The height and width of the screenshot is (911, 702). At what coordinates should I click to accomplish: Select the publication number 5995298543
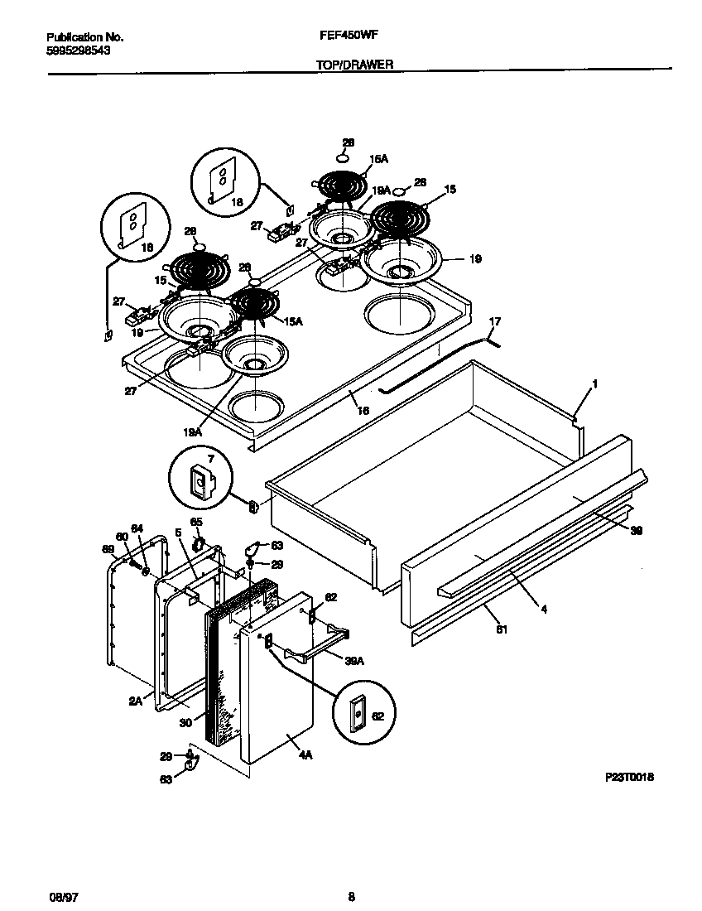(79, 50)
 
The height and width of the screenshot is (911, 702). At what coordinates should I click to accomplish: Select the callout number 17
(495, 321)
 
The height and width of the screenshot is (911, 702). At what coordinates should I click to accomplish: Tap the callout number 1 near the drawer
(594, 384)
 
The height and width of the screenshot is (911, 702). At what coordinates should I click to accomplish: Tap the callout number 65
(196, 522)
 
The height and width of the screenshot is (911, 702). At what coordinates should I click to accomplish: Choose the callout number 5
(177, 533)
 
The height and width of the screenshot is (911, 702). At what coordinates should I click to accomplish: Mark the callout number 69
(107, 548)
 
